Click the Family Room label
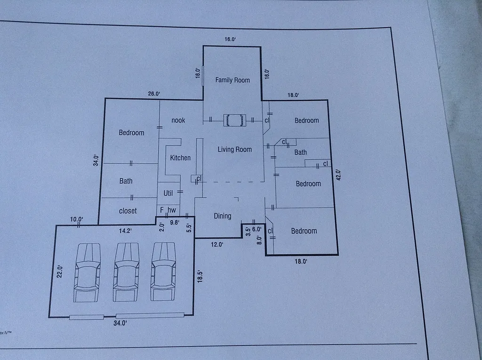pyautogui.click(x=233, y=80)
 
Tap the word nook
pyautogui.click(x=178, y=120)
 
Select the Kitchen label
pyautogui.click(x=180, y=158)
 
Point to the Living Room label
pyautogui.click(x=234, y=150)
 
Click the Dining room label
pyautogui.click(x=223, y=216)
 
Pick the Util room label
pyautogui.click(x=168, y=193)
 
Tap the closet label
pyautogui.click(x=128, y=211)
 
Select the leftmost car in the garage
pyautogui.click(x=87, y=272)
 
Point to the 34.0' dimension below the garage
pyautogui.click(x=120, y=323)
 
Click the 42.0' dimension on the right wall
pyautogui.click(x=337, y=175)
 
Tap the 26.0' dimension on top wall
pyautogui.click(x=154, y=94)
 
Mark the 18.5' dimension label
pyautogui.click(x=200, y=275)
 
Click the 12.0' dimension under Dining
pyautogui.click(x=217, y=245)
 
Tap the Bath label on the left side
pyautogui.click(x=126, y=181)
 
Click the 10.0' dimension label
pyautogui.click(x=77, y=219)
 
